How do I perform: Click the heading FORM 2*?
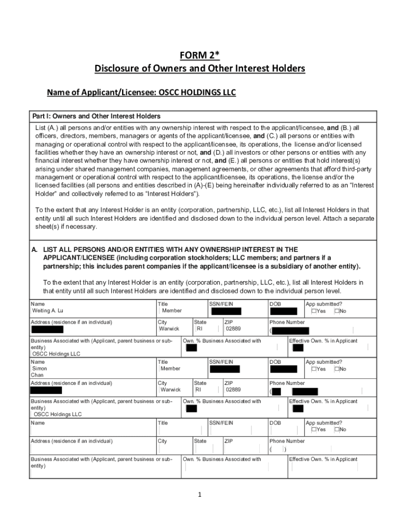point(199,56)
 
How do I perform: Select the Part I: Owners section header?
point(96,116)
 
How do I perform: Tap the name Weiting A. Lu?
point(48,311)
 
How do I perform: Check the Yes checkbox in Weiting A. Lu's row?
point(314,311)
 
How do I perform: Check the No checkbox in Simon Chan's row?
point(337,369)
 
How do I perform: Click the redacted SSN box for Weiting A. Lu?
point(226,312)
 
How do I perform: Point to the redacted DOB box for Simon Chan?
point(284,369)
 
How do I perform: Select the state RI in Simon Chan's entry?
point(198,390)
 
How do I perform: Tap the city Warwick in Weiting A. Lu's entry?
point(169,329)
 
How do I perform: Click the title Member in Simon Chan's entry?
point(171,369)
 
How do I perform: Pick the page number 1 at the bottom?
point(199,494)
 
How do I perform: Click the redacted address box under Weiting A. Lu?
point(47,329)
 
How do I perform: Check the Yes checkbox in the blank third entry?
point(314,430)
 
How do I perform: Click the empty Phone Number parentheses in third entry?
point(278,449)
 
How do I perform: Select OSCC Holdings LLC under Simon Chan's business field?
point(58,415)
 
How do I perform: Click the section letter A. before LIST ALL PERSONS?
point(35,250)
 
